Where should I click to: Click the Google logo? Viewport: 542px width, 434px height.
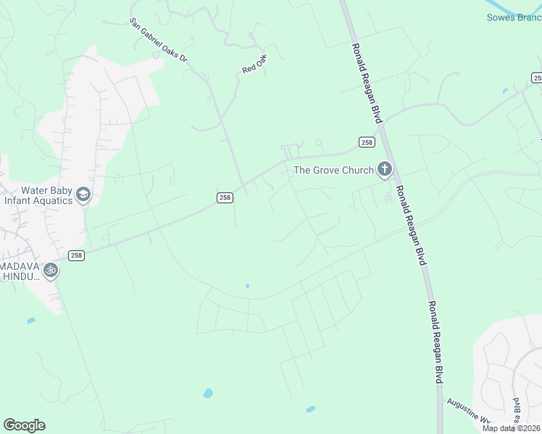click(x=24, y=425)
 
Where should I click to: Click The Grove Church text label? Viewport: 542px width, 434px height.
click(x=333, y=171)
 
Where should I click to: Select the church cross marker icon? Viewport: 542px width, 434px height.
click(x=384, y=170)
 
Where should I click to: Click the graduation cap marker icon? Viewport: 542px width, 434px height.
click(x=83, y=195)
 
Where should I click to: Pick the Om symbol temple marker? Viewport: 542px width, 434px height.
click(x=50, y=271)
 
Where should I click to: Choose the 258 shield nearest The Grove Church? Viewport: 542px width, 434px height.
click(x=367, y=142)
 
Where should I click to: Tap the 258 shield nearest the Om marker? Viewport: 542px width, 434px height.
click(x=78, y=255)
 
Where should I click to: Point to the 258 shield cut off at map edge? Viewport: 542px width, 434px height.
click(x=537, y=77)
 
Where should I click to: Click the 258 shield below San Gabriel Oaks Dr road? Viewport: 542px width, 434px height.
click(x=225, y=197)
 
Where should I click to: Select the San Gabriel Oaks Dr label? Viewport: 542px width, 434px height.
click(x=158, y=41)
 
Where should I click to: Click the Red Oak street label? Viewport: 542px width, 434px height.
click(x=255, y=64)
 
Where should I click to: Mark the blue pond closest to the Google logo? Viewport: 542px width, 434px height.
click(x=30, y=320)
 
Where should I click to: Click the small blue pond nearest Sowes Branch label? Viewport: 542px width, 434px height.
click(x=504, y=92)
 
